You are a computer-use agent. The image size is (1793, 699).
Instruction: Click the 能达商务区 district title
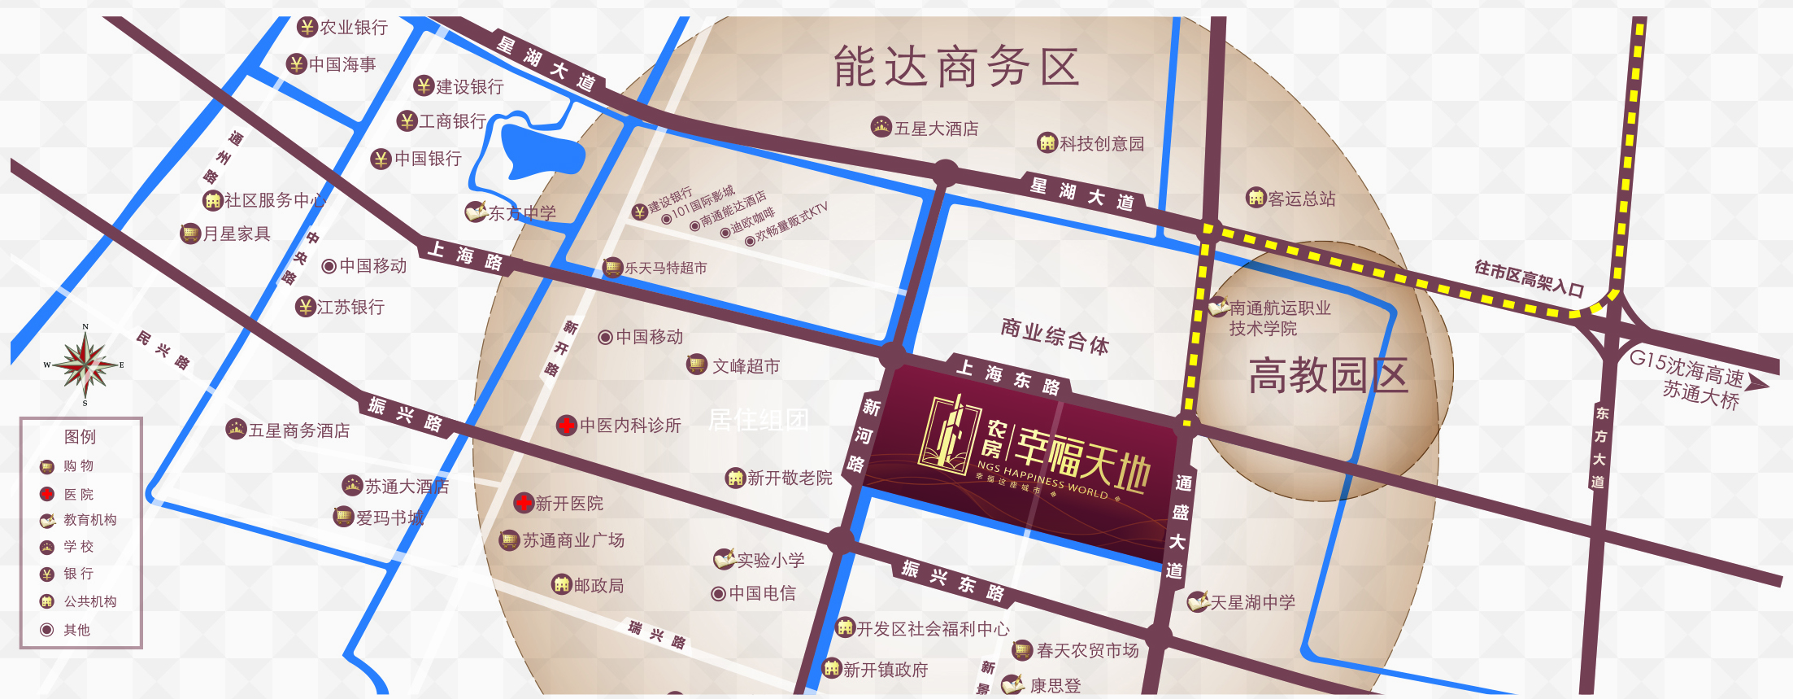(956, 67)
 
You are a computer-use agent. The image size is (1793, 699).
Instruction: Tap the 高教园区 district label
(1327, 376)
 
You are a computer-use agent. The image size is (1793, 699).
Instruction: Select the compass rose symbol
(85, 365)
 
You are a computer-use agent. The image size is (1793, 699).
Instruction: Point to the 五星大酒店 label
(936, 129)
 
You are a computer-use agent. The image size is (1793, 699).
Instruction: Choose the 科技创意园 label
(1101, 144)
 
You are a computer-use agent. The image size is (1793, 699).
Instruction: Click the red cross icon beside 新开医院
(524, 503)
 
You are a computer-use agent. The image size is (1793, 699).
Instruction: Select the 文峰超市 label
(746, 366)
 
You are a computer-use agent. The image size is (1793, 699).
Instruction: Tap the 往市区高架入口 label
(1529, 277)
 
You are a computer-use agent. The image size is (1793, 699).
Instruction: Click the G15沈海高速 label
(1686, 366)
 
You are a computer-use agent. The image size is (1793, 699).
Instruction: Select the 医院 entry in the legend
(78, 494)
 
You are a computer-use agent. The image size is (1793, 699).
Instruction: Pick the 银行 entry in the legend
(78, 574)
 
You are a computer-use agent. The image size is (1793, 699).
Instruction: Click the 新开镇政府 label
(885, 670)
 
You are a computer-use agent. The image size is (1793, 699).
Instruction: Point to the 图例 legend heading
(80, 437)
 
